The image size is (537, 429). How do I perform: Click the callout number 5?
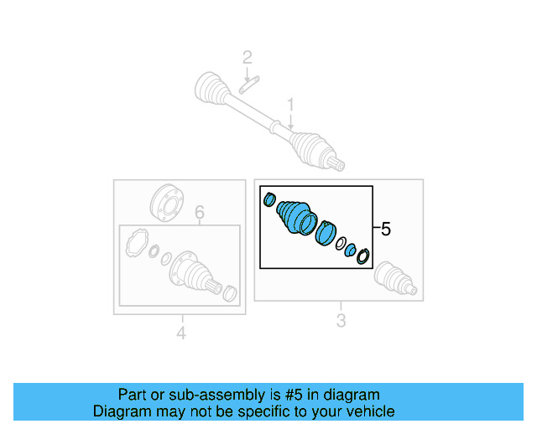pos(385,229)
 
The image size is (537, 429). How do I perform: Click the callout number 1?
pos(291,105)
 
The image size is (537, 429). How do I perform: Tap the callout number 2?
pos(247,58)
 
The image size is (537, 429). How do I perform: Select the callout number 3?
pos(340,320)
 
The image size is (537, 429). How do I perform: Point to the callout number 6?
pos(200,214)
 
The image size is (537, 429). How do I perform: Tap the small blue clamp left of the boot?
pos(269,199)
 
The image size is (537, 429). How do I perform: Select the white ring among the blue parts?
pos(341,246)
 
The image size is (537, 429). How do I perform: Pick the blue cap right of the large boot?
pos(325,235)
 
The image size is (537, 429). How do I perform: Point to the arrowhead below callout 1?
pos(291,127)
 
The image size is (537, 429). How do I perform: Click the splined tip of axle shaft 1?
pos(337,162)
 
